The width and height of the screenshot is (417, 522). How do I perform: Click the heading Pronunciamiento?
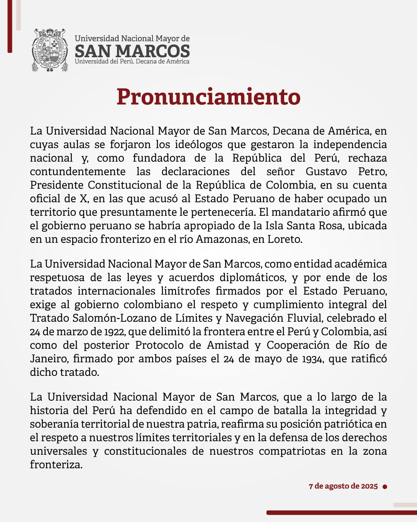208,97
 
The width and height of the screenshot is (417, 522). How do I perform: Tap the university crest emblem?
50,50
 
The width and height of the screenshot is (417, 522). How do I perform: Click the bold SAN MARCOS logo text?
132,51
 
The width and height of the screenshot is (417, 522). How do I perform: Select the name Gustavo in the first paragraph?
326,171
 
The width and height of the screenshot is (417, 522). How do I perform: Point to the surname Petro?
372,171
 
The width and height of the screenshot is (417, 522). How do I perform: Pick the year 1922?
114,332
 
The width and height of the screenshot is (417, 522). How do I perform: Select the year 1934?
312,359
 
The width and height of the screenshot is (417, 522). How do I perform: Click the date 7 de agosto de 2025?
343,486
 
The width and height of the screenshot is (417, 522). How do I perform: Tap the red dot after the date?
385,486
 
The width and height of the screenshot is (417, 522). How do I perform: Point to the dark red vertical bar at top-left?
10,26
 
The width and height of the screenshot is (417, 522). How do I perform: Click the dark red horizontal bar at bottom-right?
341,513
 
